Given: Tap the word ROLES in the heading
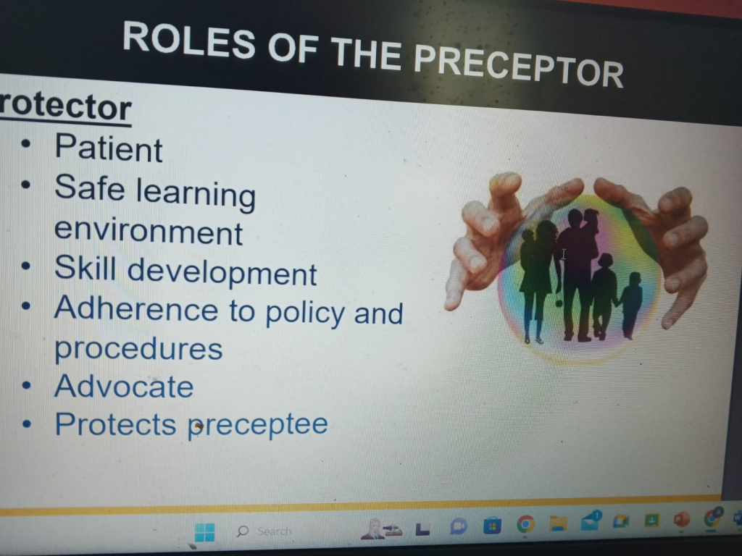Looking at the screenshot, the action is (189, 41).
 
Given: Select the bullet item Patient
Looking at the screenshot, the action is (109, 148).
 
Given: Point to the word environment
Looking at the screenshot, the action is (149, 231).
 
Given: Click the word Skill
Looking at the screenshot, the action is (86, 268).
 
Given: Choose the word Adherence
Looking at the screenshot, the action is (136, 308).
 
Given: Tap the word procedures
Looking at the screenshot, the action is (138, 350).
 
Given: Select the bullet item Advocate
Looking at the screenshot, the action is (124, 387).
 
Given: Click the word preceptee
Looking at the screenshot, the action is (258, 425).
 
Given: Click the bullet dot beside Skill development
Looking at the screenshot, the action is (26, 266).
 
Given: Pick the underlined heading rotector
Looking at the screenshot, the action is (65, 107).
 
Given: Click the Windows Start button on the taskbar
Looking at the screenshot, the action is (204, 532).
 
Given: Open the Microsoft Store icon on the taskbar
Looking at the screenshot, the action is (492, 526).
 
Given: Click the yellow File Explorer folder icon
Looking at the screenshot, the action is (559, 524).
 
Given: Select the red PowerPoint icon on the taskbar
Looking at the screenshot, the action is (681, 520).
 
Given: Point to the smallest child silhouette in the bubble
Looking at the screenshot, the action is (630, 306).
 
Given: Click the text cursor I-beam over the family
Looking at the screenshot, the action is (563, 254).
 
